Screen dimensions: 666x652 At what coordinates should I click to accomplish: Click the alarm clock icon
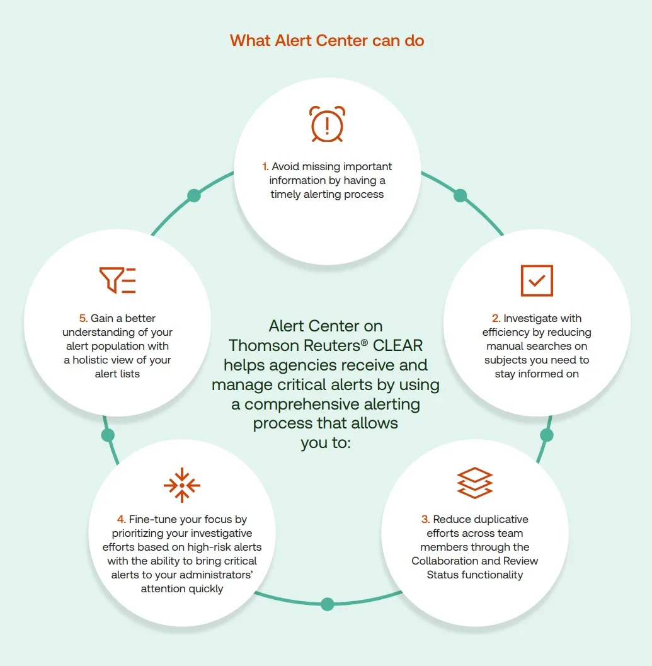(327, 124)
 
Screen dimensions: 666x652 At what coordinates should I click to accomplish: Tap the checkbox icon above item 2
(537, 280)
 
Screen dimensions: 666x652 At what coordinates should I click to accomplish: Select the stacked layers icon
(474, 483)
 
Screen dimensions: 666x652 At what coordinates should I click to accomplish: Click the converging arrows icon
(181, 485)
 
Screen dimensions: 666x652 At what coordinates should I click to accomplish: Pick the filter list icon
(118, 280)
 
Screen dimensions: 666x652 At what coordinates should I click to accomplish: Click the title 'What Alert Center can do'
(327, 41)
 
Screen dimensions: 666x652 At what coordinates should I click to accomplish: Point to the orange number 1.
(265, 167)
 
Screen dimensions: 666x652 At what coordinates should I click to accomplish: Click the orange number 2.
(496, 319)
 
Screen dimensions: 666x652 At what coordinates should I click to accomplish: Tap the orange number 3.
(426, 520)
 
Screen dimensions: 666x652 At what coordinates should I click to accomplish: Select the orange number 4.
(121, 520)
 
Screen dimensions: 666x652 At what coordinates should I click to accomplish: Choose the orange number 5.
(83, 319)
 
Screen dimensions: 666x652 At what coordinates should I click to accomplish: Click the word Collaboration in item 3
(449, 561)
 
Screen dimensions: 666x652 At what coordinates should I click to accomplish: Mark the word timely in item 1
(287, 195)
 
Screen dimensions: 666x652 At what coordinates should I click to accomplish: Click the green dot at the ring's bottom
(327, 604)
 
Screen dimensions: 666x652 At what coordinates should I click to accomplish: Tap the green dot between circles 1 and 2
(460, 195)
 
